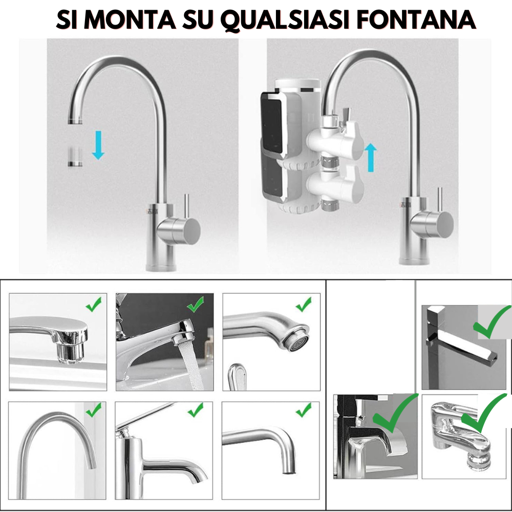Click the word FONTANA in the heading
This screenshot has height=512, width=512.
pos(416,19)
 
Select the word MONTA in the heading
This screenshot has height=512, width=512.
pos(130,19)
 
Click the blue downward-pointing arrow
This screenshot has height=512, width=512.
pos(98,145)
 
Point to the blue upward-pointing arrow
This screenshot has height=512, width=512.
pos(371,157)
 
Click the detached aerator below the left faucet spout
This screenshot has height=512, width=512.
pos(75,156)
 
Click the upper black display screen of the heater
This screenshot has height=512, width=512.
pos(272,126)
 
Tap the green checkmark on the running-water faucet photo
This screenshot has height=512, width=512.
pos(195,304)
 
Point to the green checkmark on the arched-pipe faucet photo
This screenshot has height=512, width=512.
pos(94,410)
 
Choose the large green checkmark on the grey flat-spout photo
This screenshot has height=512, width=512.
pos(492,322)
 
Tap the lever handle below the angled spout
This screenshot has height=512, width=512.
pos(237,376)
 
